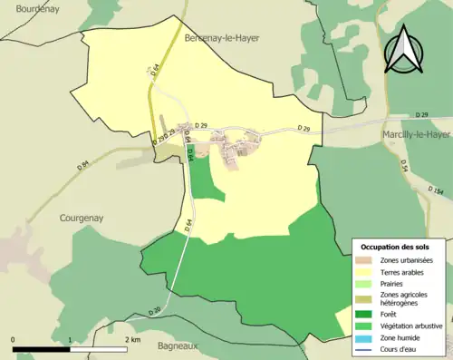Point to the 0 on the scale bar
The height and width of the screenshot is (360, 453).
(14, 339)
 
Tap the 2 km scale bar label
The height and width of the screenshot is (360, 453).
(132, 339)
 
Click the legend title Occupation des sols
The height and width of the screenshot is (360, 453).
(395, 247)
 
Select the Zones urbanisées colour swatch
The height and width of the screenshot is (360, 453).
(366, 261)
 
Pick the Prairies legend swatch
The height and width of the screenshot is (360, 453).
(366, 283)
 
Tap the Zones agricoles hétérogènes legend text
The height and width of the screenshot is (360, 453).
(404, 298)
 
